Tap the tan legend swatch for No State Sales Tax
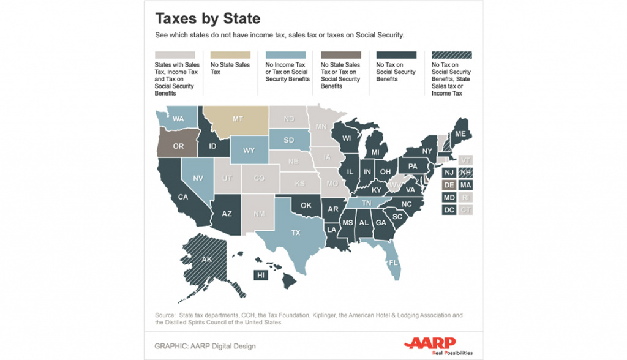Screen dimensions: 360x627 (230, 54)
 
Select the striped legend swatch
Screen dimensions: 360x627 (451, 54)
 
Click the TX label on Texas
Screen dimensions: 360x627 (296, 233)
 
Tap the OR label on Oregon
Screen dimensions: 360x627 (178, 146)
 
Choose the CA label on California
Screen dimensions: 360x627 (183, 197)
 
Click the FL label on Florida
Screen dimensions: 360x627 (393, 262)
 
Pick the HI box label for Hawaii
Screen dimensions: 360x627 (261, 275)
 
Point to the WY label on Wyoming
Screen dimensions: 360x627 (249, 151)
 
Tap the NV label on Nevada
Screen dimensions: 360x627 (198, 178)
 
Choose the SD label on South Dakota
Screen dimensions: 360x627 (288, 140)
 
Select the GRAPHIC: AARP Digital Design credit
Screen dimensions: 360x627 (205, 346)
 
